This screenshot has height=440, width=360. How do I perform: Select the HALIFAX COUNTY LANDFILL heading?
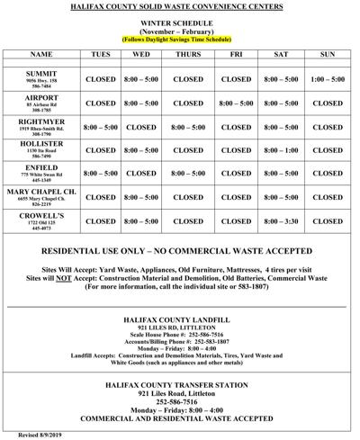click(180, 320)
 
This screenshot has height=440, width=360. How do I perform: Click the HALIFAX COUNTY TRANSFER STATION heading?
click(180, 384)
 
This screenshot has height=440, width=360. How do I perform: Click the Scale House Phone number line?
click(180, 336)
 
